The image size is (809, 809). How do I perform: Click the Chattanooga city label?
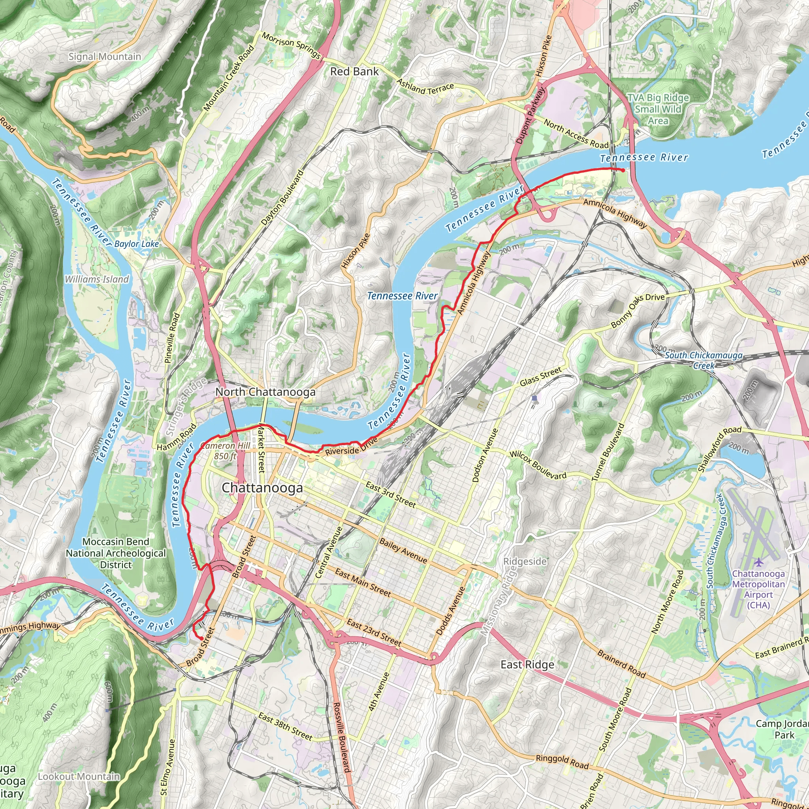pyautogui.click(x=262, y=488)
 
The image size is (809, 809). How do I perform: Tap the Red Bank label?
pyautogui.click(x=354, y=71)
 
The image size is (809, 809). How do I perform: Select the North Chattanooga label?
pyautogui.click(x=265, y=392)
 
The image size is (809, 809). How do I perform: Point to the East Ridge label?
pyautogui.click(x=527, y=664)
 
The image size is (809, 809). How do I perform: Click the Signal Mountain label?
pyautogui.click(x=105, y=56)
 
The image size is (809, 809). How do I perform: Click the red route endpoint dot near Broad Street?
pyautogui.click(x=201, y=638)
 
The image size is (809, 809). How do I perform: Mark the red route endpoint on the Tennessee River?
pyautogui.click(x=623, y=170)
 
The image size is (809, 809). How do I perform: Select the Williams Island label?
pyautogui.click(x=97, y=279)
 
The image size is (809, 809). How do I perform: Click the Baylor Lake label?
pyautogui.click(x=137, y=244)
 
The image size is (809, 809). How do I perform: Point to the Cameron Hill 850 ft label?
pyautogui.click(x=225, y=451)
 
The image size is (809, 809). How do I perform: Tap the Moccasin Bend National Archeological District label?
pyautogui.click(x=116, y=553)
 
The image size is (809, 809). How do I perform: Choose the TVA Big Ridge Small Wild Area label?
pyautogui.click(x=658, y=109)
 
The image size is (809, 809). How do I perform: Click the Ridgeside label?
pyautogui.click(x=525, y=561)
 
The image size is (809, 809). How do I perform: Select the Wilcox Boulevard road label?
pyautogui.click(x=538, y=465)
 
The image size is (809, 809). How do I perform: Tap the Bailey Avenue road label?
pyautogui.click(x=403, y=551)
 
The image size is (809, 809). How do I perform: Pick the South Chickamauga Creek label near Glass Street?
pyautogui.click(x=704, y=360)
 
